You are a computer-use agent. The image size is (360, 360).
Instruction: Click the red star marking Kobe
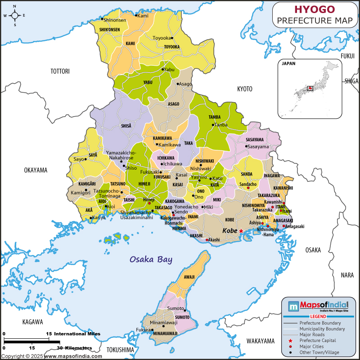click(x=241, y=231)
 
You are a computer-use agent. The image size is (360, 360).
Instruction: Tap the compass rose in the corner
click(x=14, y=15)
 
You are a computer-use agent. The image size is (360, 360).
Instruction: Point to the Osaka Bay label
click(x=151, y=260)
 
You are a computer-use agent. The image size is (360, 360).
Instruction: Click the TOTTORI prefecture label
click(x=60, y=71)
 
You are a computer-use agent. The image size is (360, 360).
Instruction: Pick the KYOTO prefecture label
click(x=245, y=89)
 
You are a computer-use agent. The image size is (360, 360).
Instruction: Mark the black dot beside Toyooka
click(x=171, y=38)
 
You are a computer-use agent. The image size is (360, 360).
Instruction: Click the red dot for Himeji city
click(x=149, y=203)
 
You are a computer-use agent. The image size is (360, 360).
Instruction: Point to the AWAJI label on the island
click(x=189, y=277)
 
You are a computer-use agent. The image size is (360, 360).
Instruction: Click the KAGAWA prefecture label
click(x=32, y=322)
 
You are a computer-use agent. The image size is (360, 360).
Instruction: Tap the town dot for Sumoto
click(x=184, y=309)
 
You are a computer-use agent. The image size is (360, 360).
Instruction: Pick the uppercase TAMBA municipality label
click(x=215, y=117)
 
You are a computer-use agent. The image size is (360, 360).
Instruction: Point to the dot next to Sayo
click(x=85, y=159)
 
